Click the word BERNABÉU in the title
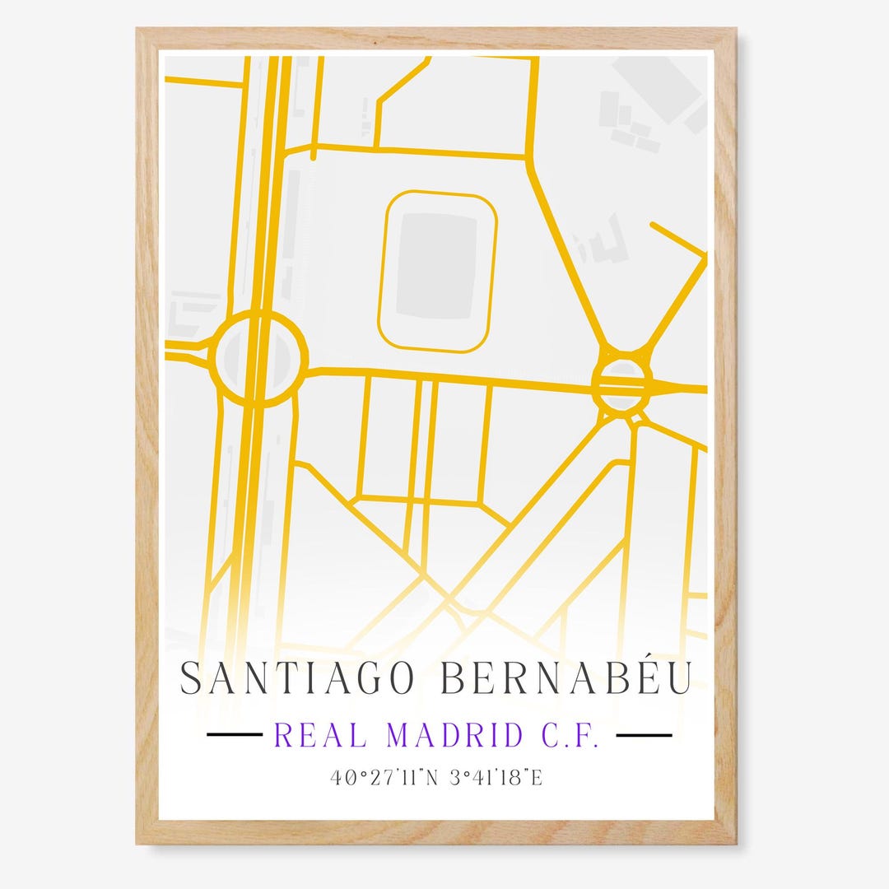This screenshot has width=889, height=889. [566, 678]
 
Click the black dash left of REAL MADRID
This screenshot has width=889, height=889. [234, 735]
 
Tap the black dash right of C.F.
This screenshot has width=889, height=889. [644, 735]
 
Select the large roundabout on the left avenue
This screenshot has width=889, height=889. [257, 359]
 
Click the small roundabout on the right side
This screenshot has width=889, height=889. [621, 384]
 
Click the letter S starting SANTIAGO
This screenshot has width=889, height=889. [191, 678]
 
